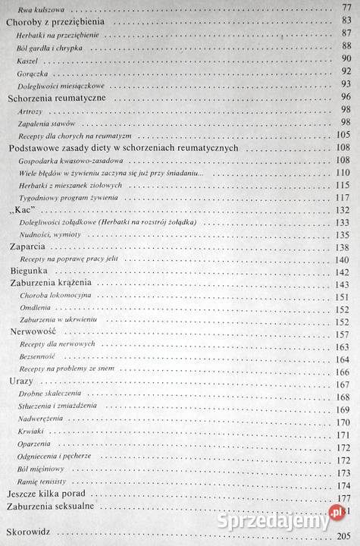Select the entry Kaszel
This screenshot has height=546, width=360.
pyautogui.click(x=29, y=59)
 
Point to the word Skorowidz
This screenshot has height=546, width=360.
pyautogui.click(x=28, y=533)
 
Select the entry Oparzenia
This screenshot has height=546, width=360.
pyautogui.click(x=34, y=445)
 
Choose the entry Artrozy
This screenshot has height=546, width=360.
pyautogui.click(x=31, y=111)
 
